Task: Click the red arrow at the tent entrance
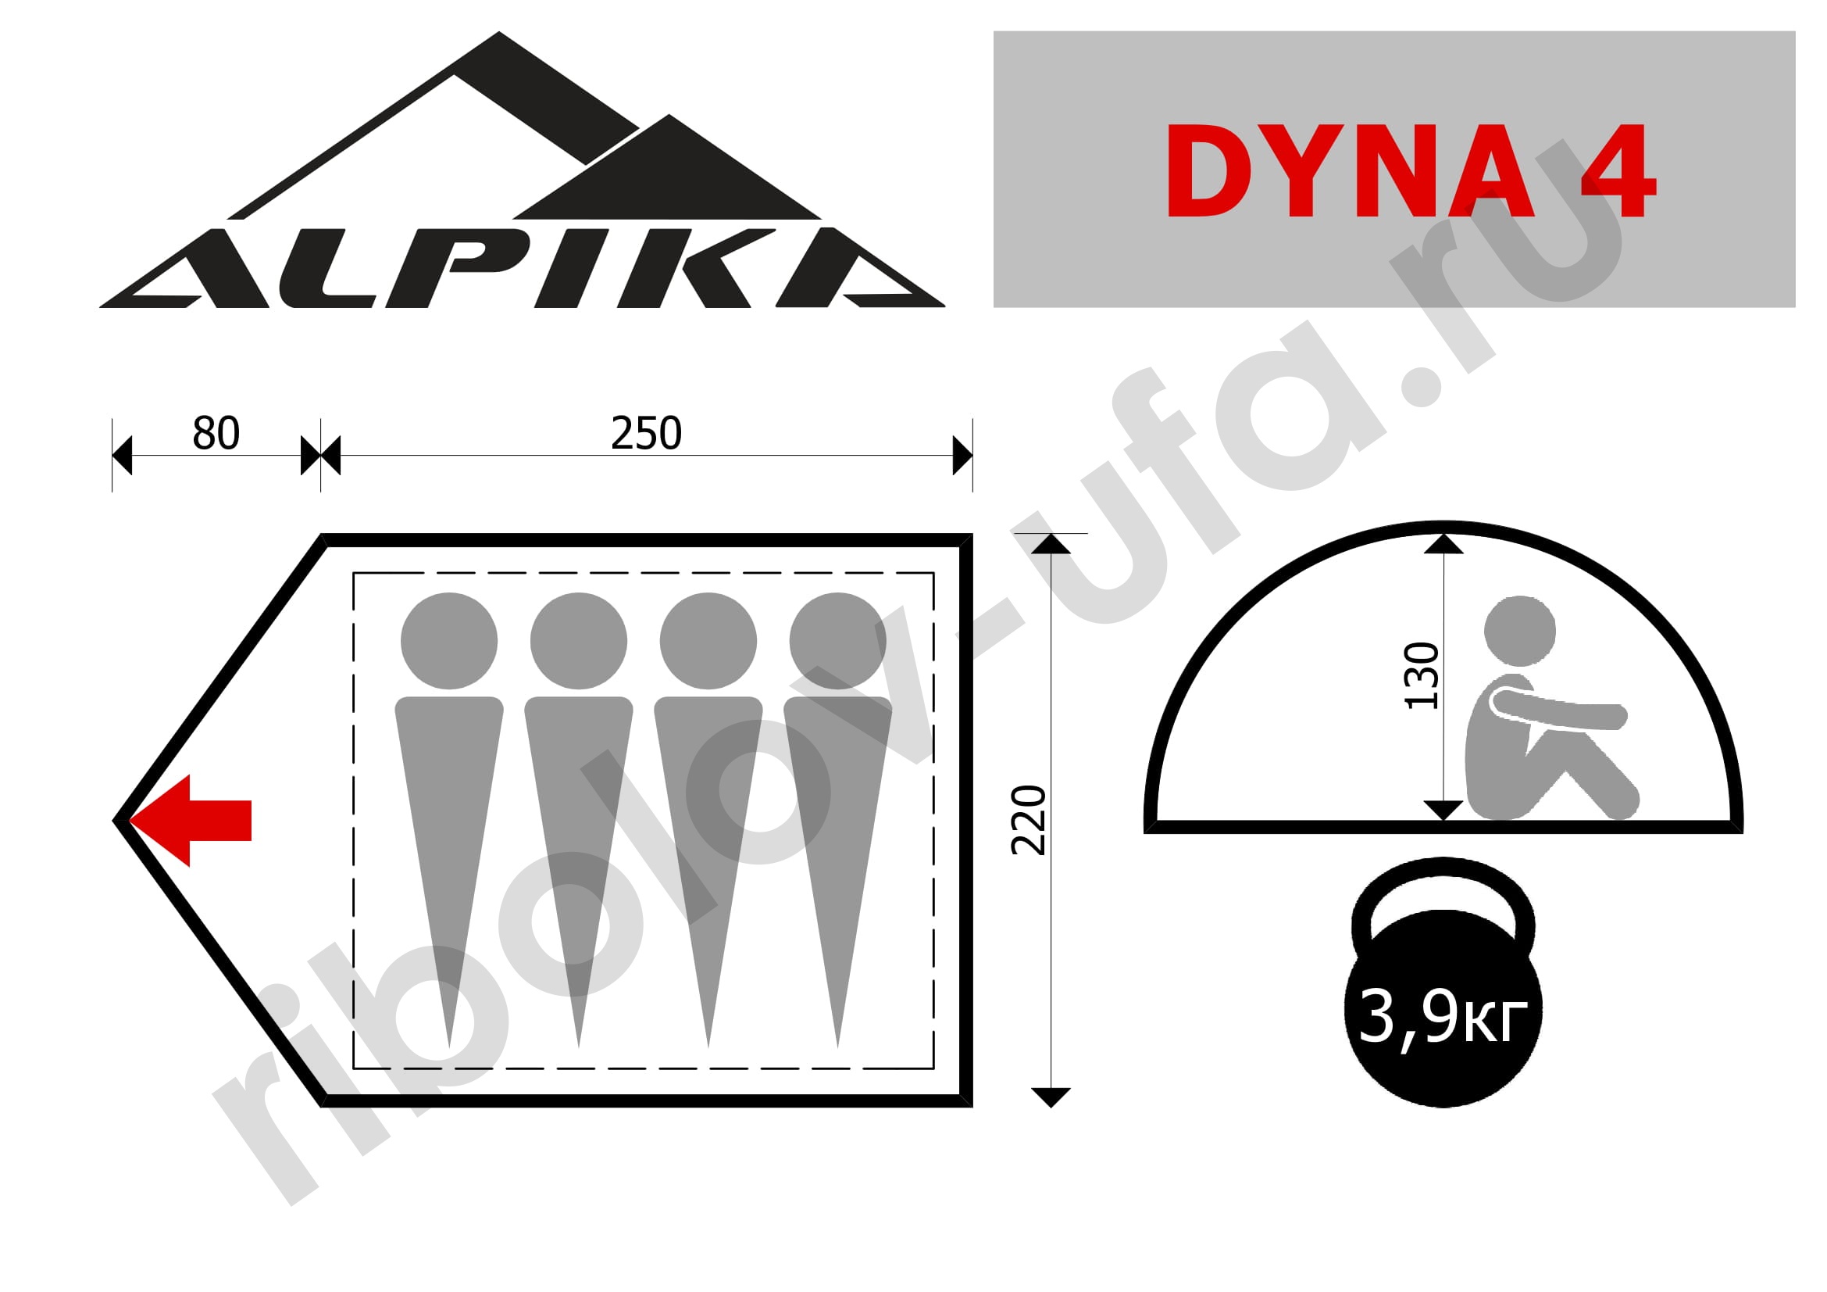191,821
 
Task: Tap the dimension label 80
216,433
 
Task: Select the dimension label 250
646,433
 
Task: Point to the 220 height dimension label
1028,820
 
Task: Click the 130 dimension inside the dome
1421,675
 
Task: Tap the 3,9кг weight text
1443,1017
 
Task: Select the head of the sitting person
1520,631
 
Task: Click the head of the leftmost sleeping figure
449,641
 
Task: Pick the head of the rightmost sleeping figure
838,641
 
